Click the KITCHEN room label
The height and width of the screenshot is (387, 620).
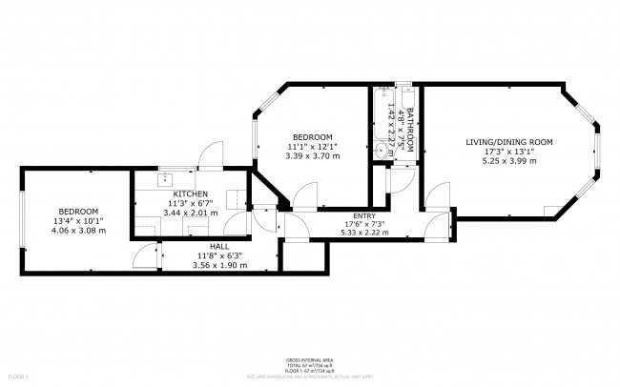coord(176,193)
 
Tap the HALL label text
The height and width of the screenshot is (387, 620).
coord(221,246)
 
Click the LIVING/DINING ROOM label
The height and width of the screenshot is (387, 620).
coord(508,142)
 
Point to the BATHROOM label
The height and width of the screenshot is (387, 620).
coord(411,131)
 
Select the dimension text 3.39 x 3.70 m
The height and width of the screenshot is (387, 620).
coord(313,157)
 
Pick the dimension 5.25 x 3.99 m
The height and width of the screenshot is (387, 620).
coord(508,161)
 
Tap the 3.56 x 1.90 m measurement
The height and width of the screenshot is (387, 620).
coord(221,265)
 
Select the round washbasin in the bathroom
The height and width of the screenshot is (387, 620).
coord(382,151)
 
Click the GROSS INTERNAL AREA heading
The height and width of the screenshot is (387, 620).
coord(309,360)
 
